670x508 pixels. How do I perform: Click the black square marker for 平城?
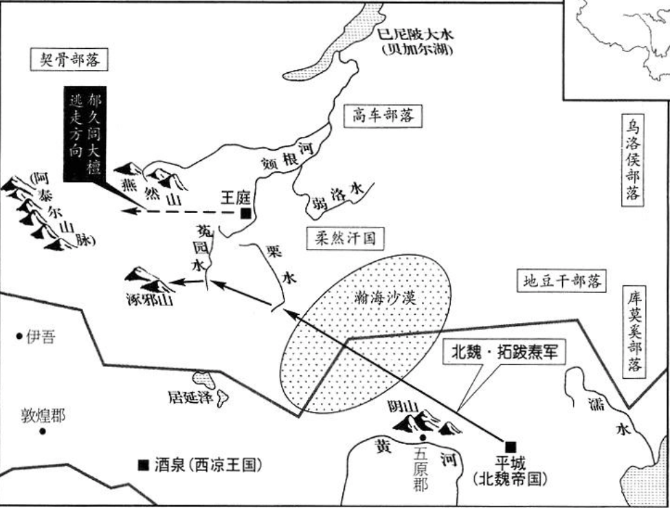coord(510,445)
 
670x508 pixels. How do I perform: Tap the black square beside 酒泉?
coord(143,465)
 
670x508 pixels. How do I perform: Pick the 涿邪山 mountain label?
coord(146,299)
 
